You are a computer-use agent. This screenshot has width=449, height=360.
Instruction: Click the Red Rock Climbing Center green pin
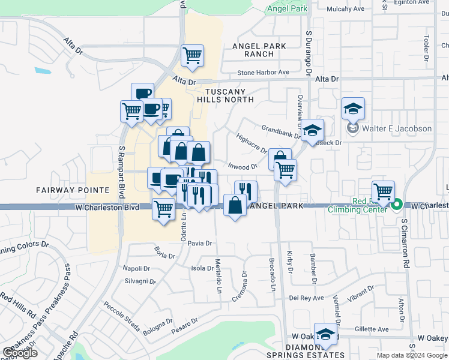click(x=396, y=206)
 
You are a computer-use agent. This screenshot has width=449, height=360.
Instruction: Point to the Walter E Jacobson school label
click(x=397, y=128)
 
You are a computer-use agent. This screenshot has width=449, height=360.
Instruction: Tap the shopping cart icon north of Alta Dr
click(x=192, y=56)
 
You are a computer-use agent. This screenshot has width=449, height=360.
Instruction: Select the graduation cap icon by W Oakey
click(x=325, y=335)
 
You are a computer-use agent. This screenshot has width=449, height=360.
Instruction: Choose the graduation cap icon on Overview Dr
click(x=312, y=130)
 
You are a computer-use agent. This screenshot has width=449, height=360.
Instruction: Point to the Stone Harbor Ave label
click(x=263, y=73)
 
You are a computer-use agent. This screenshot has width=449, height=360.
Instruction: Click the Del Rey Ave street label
click(x=306, y=298)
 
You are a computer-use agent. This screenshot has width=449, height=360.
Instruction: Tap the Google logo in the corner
click(x=20, y=352)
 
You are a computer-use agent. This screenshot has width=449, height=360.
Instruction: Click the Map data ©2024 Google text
click(x=412, y=355)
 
